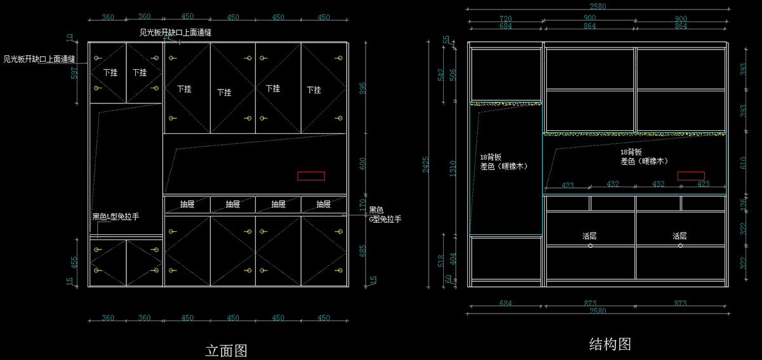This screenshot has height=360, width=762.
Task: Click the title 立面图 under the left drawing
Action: tap(226, 350)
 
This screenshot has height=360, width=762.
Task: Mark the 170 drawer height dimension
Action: tap(363, 204)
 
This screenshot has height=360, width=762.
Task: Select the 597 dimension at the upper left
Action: tap(74, 72)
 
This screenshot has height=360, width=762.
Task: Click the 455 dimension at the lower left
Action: tap(74, 262)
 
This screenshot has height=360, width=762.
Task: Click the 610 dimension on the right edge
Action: tap(744, 163)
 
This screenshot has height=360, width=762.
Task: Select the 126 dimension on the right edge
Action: tap(744, 203)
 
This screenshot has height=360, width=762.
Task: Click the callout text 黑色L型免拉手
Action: tap(116, 217)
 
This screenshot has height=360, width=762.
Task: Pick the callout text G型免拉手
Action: tap(385, 219)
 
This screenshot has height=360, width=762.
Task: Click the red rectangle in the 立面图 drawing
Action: tap(311, 176)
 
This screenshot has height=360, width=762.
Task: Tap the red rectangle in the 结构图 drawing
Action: tap(690, 176)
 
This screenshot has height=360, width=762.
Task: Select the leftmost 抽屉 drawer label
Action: tap(187, 204)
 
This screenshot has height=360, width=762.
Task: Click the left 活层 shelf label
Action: tap(590, 236)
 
